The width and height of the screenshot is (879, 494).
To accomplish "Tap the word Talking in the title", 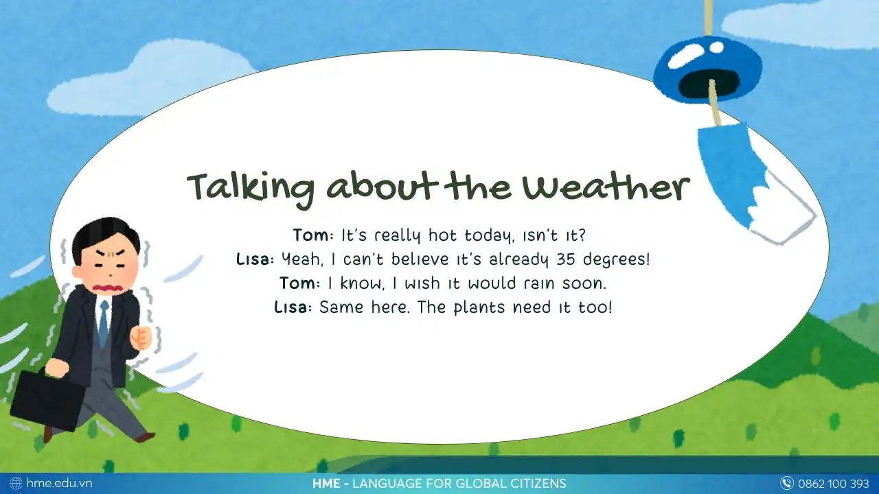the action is [x=251, y=189].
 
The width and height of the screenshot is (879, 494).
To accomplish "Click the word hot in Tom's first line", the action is [x=442, y=235].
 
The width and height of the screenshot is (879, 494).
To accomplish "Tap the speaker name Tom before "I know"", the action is [x=298, y=283].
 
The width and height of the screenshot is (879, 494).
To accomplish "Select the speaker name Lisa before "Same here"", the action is [x=290, y=307].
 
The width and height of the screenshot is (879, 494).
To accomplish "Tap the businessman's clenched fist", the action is [x=141, y=337].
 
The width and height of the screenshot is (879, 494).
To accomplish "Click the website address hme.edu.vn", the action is [x=59, y=483].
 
